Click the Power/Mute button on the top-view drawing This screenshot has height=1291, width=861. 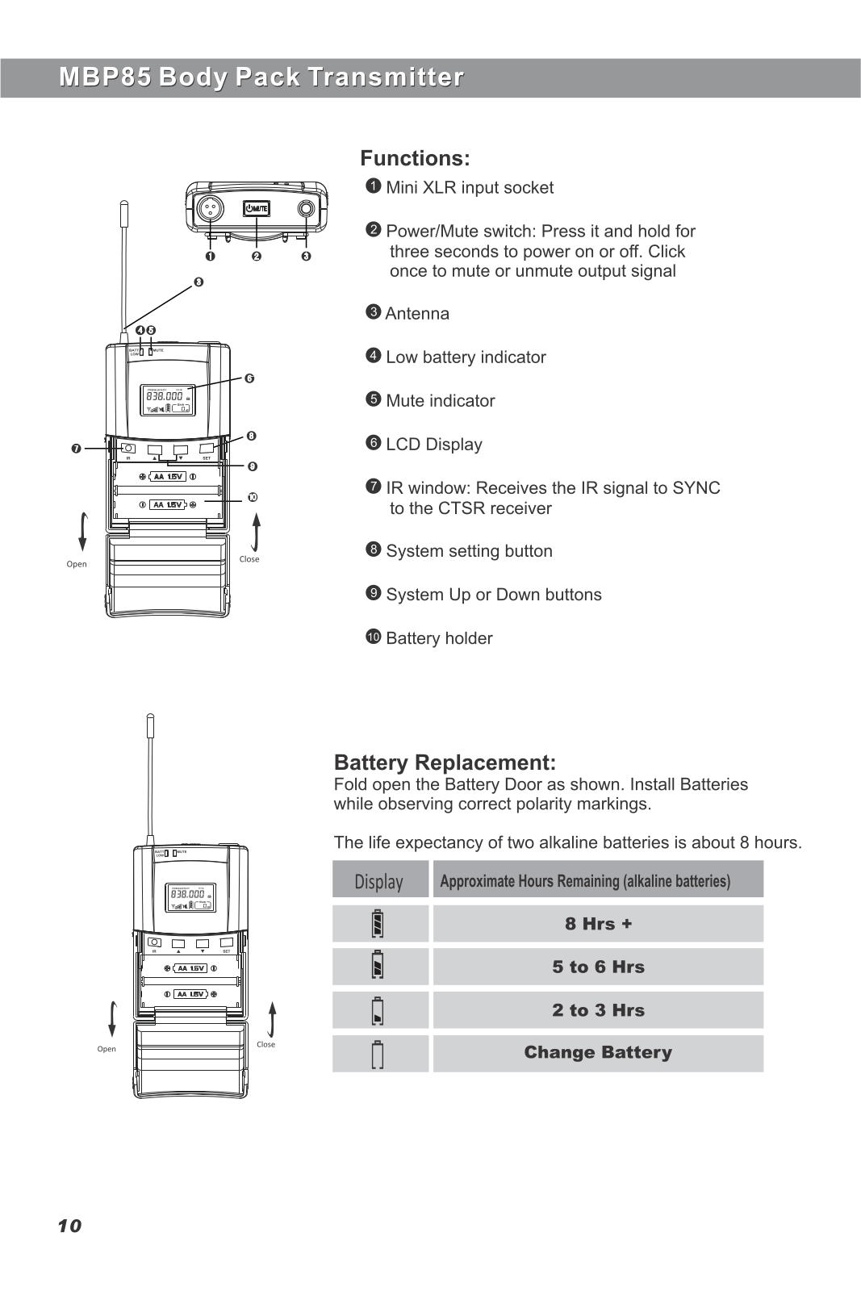click(x=257, y=209)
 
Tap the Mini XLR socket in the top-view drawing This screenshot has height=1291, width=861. click(x=210, y=208)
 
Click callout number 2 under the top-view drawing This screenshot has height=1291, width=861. click(x=257, y=257)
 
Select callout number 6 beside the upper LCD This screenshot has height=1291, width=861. click(x=249, y=378)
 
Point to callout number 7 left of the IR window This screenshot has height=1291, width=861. click(x=76, y=449)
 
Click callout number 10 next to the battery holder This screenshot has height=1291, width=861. click(x=253, y=497)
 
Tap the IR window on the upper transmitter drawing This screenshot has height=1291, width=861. click(x=127, y=449)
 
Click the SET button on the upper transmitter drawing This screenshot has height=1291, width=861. click(x=207, y=448)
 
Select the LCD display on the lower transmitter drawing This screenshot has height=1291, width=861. click(x=191, y=896)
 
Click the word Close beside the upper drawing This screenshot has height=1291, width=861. click(x=249, y=559)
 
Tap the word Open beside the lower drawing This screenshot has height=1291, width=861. click(x=107, y=1049)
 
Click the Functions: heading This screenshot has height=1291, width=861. click(x=415, y=158)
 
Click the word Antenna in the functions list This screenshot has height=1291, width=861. click(x=417, y=314)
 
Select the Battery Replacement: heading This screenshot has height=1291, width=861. click(x=445, y=762)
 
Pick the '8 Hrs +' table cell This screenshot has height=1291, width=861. click(x=598, y=924)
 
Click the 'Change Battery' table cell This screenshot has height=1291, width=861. click(x=598, y=1052)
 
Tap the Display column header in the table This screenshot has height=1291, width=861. click(x=379, y=881)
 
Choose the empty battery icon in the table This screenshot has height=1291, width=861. click(x=378, y=1055)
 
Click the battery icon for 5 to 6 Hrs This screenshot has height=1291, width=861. click(x=378, y=966)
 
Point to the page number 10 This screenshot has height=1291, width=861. click(x=69, y=1226)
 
